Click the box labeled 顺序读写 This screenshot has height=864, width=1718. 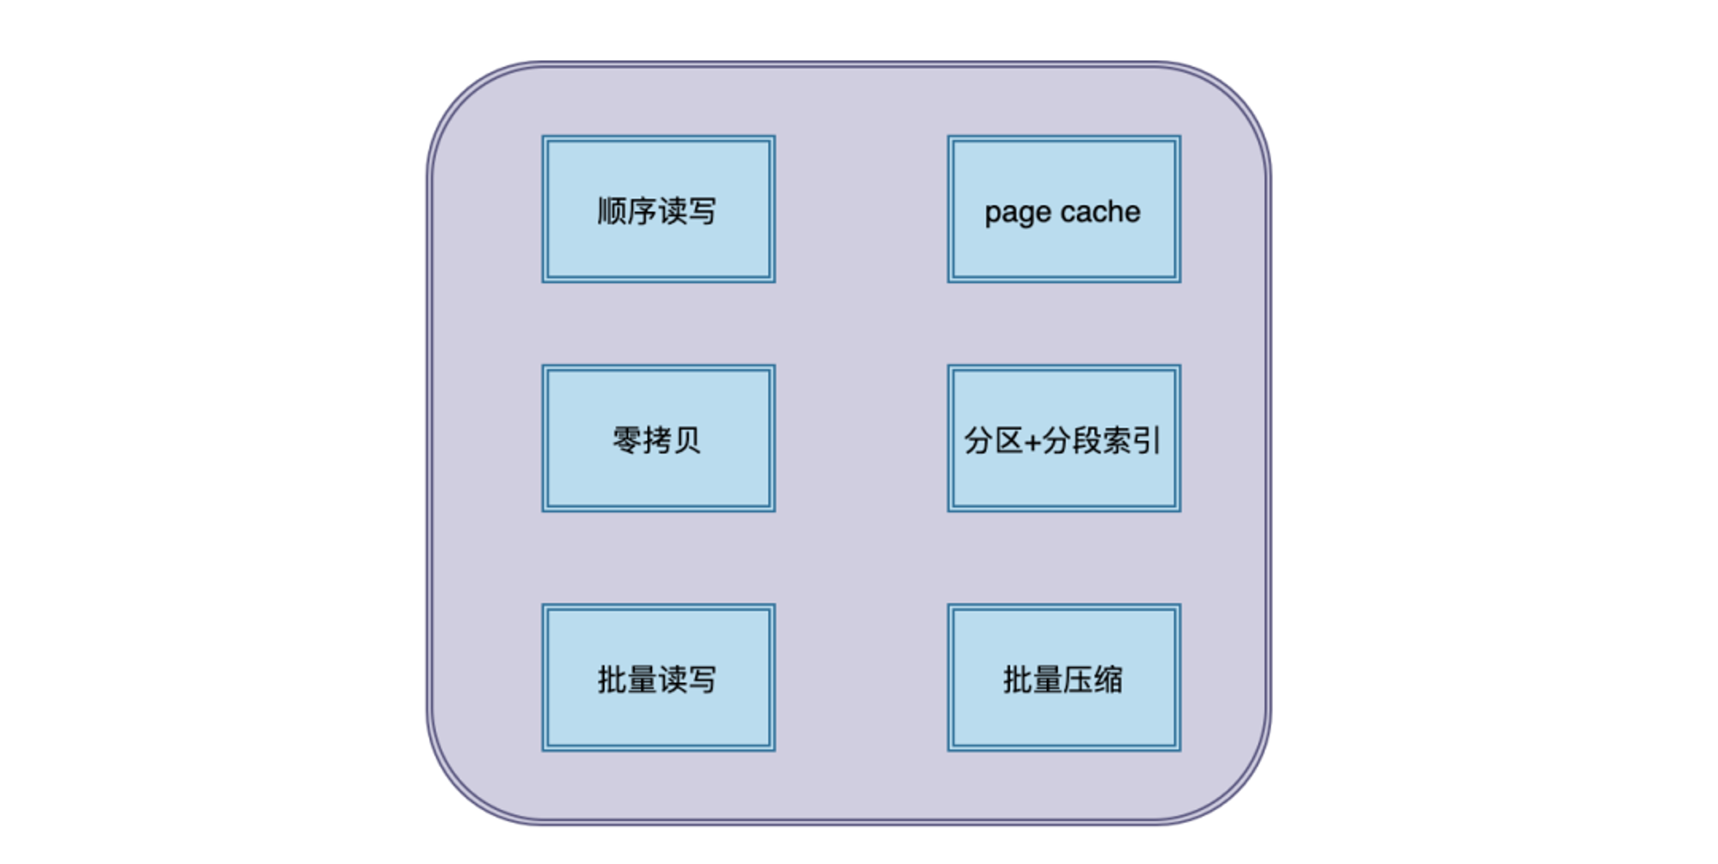[659, 209]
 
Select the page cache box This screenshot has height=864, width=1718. [1064, 209]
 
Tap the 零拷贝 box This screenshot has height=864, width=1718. [659, 439]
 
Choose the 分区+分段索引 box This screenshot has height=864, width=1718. [1064, 439]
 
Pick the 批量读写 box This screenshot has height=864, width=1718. [659, 678]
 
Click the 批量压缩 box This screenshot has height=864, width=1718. [1064, 678]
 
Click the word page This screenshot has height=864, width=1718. [1018, 214]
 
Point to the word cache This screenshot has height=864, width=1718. [1102, 211]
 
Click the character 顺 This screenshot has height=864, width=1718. [612, 211]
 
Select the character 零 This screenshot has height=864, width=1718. [627, 441]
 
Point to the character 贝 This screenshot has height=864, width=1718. [687, 441]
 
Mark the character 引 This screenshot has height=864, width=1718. [1148, 441]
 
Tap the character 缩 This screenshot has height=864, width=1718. [1109, 679]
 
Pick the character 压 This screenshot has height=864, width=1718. [1079, 679]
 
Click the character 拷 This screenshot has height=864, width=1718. [657, 441]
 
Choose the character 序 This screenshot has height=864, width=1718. [643, 211]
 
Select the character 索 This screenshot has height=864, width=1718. [1118, 441]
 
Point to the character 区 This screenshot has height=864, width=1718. [1008, 441]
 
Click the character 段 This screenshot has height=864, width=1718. [1087, 441]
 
